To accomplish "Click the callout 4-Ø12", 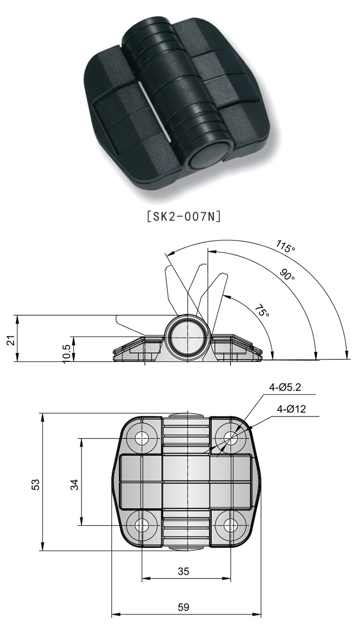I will click(x=291, y=409).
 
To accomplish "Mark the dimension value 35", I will click(x=183, y=571).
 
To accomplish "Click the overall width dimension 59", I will click(x=183, y=607).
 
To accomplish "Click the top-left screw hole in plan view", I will click(x=142, y=438).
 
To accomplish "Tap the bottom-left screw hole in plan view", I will click(x=142, y=525).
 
